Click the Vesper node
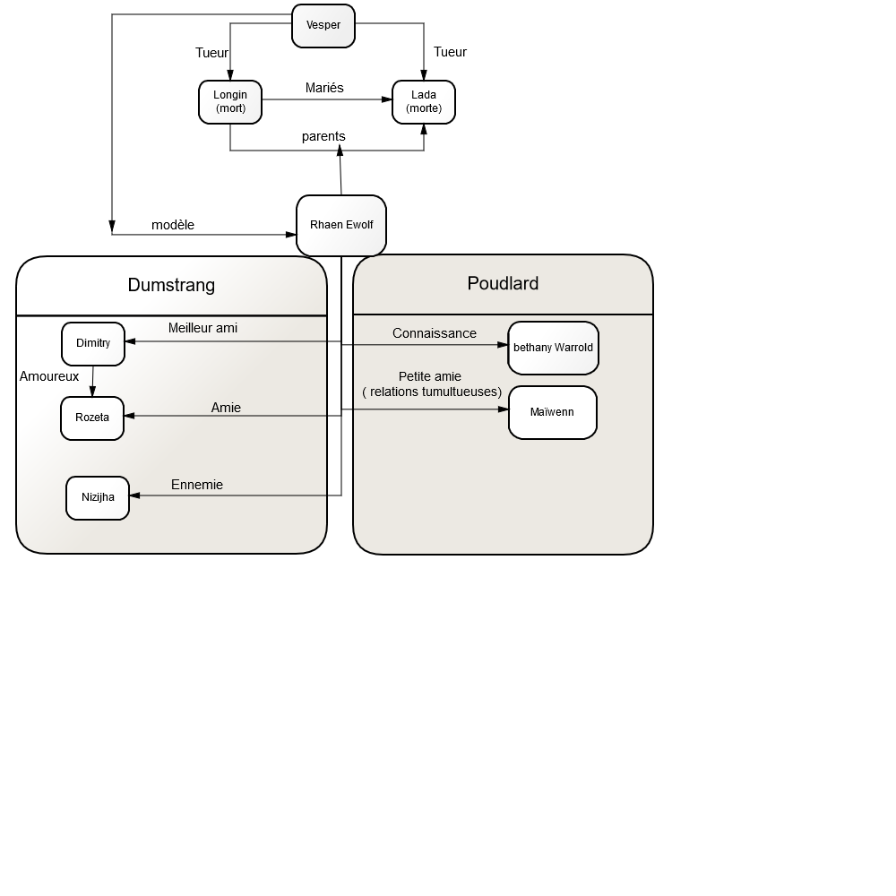tap(323, 26)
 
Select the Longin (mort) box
tap(230, 102)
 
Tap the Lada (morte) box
tap(424, 102)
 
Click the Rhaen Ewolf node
tap(341, 225)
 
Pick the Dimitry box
tap(93, 343)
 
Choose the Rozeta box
tap(92, 418)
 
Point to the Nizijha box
tap(98, 497)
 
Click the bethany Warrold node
tap(553, 348)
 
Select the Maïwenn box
tap(553, 412)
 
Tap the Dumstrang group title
tap(171, 285)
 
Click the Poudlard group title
tap(503, 283)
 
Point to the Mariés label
tap(324, 88)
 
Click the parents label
tap(323, 136)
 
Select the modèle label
tap(173, 225)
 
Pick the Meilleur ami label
tap(202, 328)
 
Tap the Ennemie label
tap(197, 485)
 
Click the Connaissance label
tap(435, 333)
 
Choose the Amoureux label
tap(49, 376)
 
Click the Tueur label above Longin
tap(211, 53)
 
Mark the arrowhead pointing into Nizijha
tap(135, 495)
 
